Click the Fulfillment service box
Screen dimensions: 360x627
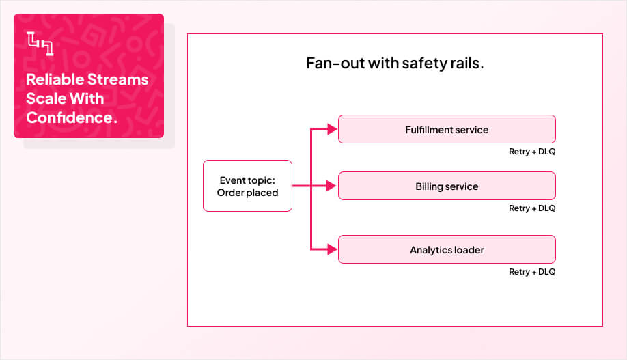(x=447, y=129)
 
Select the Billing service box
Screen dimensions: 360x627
(x=447, y=186)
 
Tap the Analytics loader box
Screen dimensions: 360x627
(x=447, y=249)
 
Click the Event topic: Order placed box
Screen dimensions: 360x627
(x=247, y=186)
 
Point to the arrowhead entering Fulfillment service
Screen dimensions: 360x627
(x=333, y=129)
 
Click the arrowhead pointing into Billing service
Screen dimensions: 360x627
(x=333, y=186)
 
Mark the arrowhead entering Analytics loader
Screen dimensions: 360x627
(x=333, y=249)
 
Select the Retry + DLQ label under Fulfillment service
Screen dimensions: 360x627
(x=531, y=152)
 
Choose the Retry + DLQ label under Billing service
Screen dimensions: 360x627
(x=531, y=208)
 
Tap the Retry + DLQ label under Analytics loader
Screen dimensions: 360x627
(x=531, y=272)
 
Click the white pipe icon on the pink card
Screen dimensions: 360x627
(x=40, y=43)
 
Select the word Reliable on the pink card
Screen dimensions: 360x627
(x=54, y=79)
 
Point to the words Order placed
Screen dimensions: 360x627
(x=247, y=193)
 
